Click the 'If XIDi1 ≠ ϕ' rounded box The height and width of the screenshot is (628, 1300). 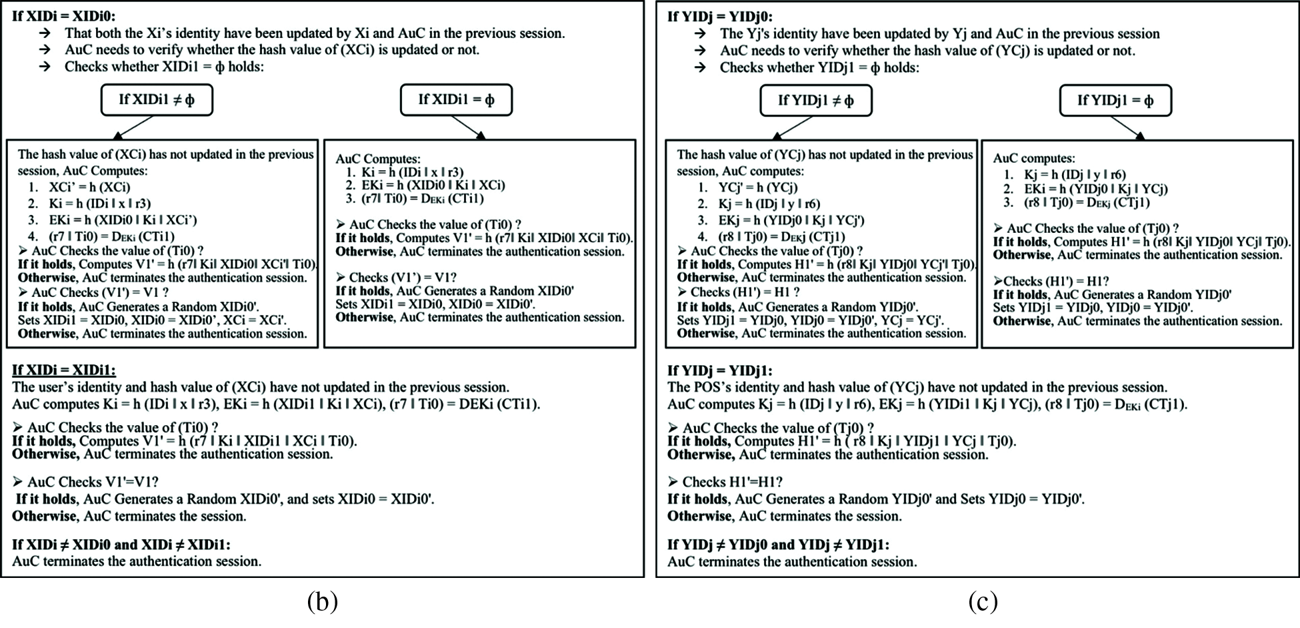157,100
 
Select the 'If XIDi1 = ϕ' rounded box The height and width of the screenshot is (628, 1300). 456,100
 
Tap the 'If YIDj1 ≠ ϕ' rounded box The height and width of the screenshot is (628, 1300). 815,101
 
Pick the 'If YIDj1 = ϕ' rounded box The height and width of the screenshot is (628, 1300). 1115,101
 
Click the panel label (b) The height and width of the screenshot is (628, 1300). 322,602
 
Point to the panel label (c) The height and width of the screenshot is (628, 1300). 983,602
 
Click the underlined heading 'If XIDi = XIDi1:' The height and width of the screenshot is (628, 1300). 63,370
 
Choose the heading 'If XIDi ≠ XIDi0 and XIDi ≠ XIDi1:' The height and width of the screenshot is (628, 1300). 121,545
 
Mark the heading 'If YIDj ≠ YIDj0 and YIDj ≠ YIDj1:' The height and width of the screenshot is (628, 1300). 778,545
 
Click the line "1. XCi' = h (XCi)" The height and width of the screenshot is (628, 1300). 80,188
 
